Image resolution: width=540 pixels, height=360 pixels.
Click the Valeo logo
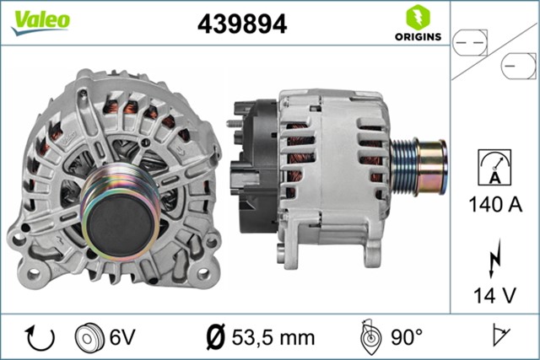pos(40,21)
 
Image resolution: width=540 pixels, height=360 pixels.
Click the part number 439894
pos(241,24)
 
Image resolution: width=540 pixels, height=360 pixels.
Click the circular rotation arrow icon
pos(40,337)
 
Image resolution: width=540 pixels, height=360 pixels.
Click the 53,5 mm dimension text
pos(268,337)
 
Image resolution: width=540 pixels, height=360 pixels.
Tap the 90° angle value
pos(407,337)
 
